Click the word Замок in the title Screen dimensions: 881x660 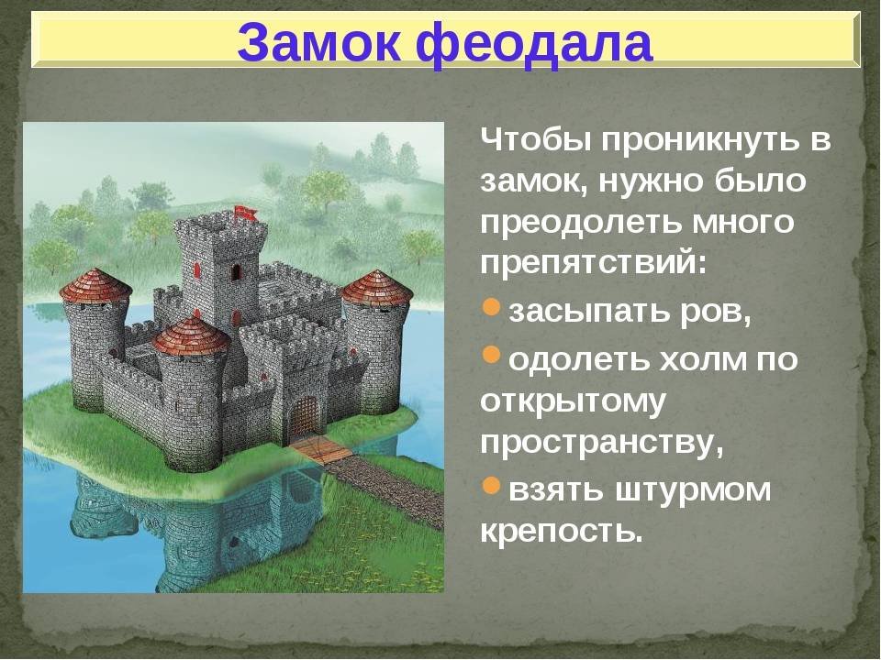[319, 43]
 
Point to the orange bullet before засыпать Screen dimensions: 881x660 [491, 307]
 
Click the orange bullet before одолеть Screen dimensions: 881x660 [491, 355]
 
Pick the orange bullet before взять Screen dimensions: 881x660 [491, 485]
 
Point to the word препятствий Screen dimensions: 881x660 [592, 263]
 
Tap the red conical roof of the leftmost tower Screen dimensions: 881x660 [96, 286]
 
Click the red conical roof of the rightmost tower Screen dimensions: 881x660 [377, 289]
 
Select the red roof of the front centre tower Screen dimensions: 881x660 [191, 335]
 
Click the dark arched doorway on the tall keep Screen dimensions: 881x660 [236, 271]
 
